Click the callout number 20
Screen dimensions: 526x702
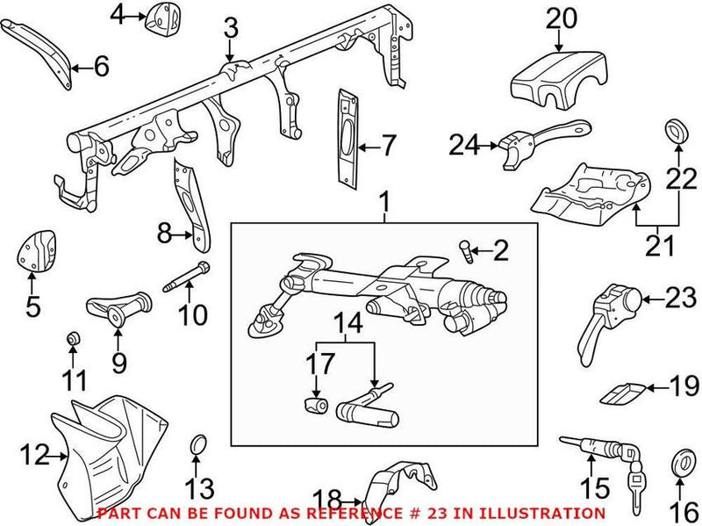click(x=561, y=17)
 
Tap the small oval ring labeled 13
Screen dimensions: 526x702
click(x=199, y=445)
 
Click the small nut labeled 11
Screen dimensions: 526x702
click(x=74, y=339)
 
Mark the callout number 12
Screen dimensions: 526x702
click(x=32, y=456)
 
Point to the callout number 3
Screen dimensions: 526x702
click(x=230, y=29)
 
